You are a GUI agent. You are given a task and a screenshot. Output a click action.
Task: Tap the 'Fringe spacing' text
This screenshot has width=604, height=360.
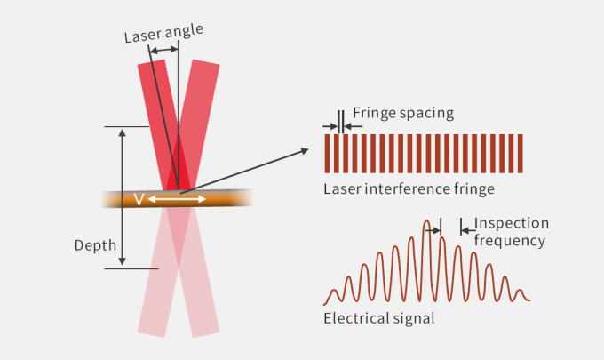(403, 113)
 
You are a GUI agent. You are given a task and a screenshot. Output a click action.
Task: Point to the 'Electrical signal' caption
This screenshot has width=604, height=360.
(379, 318)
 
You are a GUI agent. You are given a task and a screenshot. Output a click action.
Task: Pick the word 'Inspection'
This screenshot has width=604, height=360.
(512, 223)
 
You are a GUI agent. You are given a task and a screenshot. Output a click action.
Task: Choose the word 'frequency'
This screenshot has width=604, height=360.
(509, 240)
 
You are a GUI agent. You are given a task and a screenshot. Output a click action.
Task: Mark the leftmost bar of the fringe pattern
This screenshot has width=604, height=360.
(328, 153)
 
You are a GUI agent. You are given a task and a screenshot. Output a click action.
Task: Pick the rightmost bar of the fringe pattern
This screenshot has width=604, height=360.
(521, 153)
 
